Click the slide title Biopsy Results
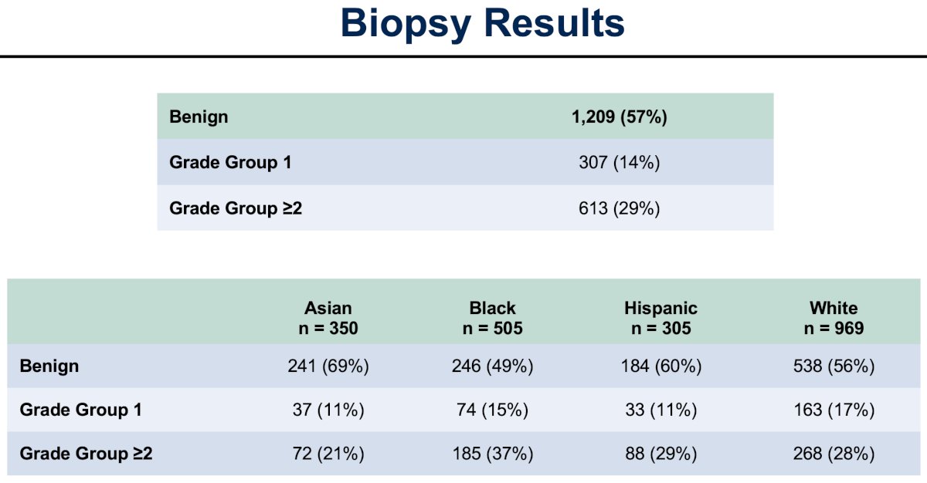pyautogui.click(x=483, y=24)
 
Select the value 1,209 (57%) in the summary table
pyautogui.click(x=619, y=117)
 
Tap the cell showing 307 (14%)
pyautogui.click(x=619, y=162)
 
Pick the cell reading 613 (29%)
pyautogui.click(x=619, y=208)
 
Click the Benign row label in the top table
pyautogui.click(x=199, y=117)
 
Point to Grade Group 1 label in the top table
pyautogui.click(x=230, y=162)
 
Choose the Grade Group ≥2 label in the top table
pyautogui.click(x=236, y=208)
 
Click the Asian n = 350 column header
pyautogui.click(x=328, y=318)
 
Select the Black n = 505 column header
pyautogui.click(x=493, y=318)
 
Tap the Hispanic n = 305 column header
pyautogui.click(x=661, y=318)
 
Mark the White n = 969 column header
pyautogui.click(x=834, y=318)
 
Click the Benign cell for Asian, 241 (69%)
pyautogui.click(x=328, y=366)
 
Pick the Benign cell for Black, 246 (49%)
pyautogui.click(x=493, y=366)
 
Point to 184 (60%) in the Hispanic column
pyautogui.click(x=661, y=366)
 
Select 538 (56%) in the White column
pyautogui.click(x=834, y=366)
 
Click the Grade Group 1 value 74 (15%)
pyautogui.click(x=493, y=410)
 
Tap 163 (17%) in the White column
pyautogui.click(x=834, y=410)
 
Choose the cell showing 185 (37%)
pyautogui.click(x=493, y=454)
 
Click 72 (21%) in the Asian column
pyautogui.click(x=328, y=454)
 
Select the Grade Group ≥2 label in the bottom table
pyautogui.click(x=86, y=454)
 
